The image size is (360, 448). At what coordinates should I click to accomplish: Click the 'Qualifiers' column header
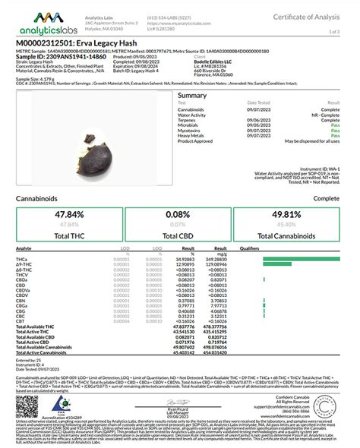pos(250,248)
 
